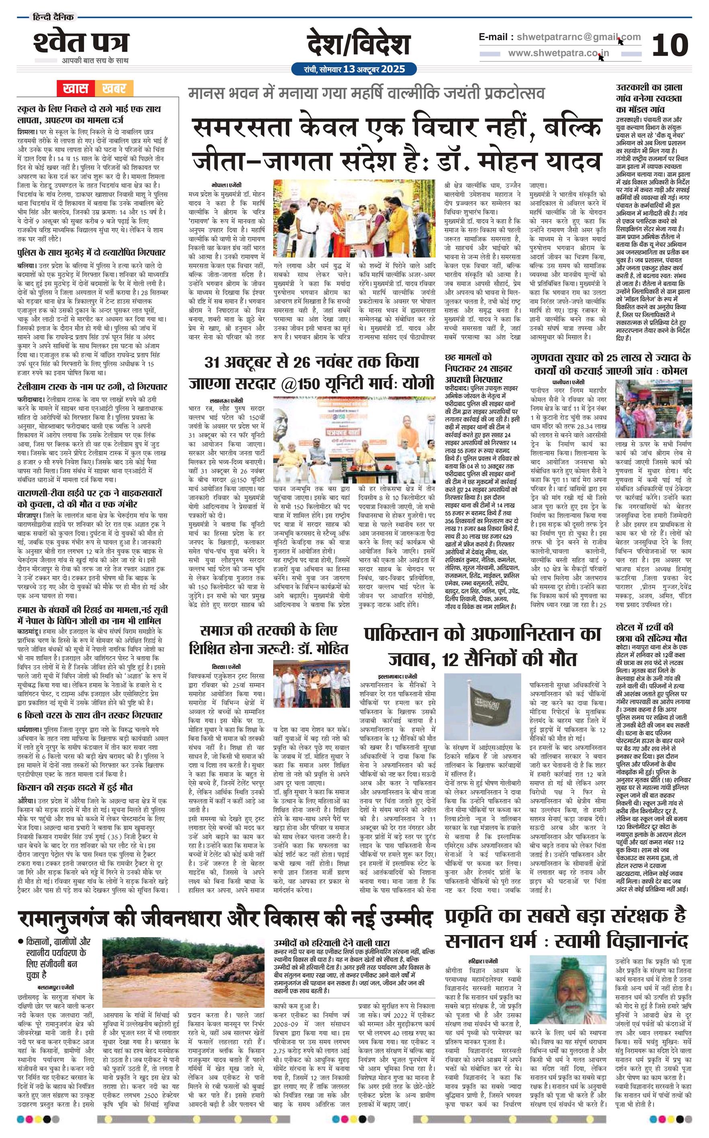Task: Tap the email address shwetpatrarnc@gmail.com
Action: [577, 37]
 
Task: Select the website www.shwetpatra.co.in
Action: [559, 53]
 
